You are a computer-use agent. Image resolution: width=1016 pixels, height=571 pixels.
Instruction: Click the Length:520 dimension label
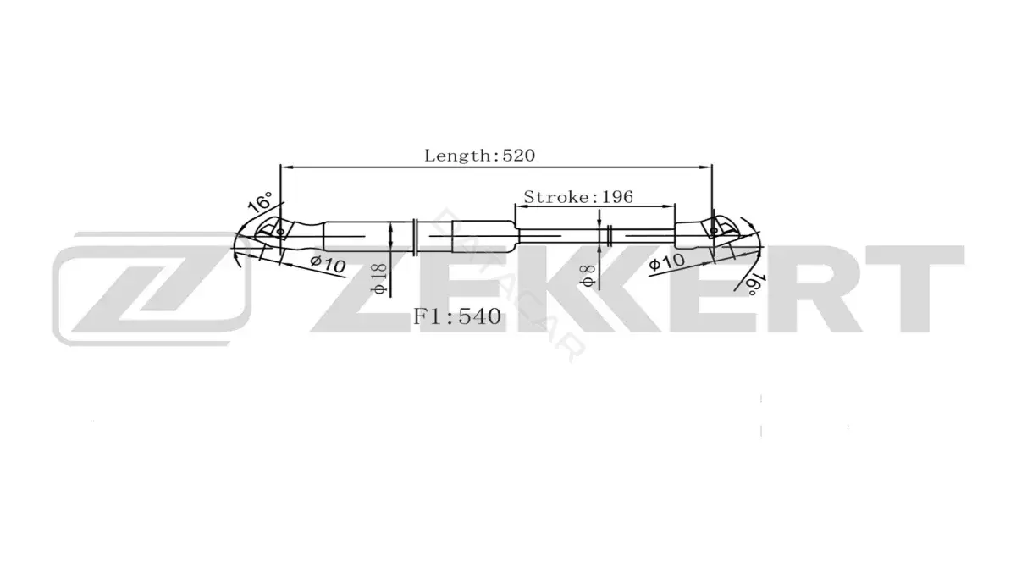479,156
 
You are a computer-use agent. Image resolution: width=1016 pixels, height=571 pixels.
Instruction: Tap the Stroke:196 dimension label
578,196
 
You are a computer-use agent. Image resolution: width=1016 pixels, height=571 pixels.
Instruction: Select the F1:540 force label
456,316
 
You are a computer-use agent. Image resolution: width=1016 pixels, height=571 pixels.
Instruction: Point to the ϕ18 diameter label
379,279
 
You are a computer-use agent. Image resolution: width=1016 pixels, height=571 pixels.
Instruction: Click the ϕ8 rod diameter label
588,276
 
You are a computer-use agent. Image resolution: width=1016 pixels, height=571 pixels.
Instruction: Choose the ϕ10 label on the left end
328,264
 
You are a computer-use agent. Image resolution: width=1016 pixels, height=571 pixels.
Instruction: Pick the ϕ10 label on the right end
666,261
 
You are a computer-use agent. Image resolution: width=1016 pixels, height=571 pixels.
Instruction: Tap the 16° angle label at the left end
261,201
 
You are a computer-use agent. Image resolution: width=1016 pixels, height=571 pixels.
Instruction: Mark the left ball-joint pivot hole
280,232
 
